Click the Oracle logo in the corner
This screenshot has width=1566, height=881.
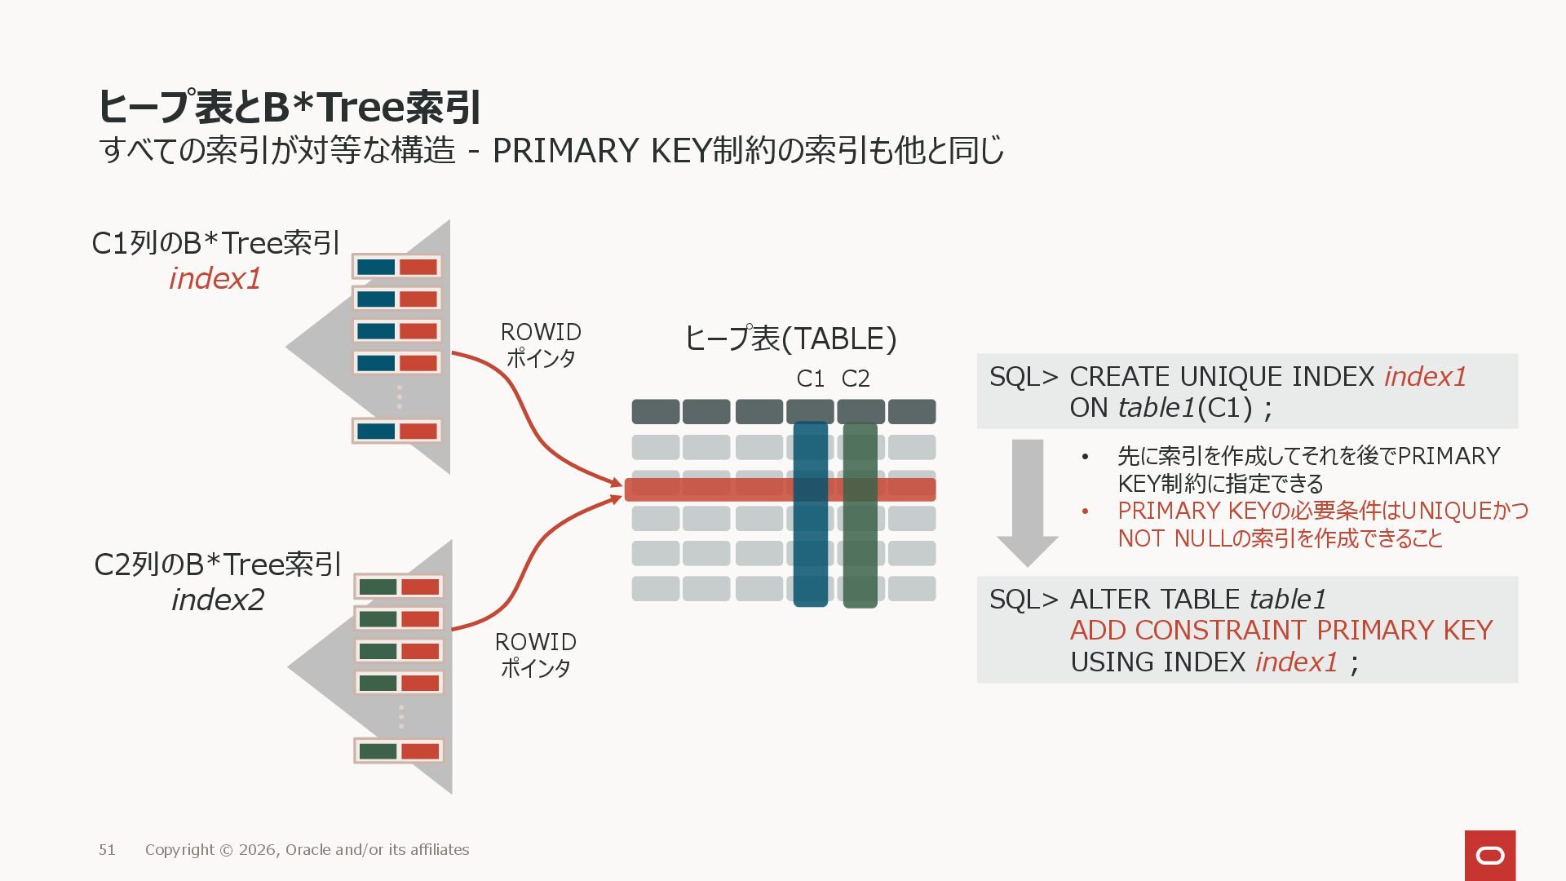click(x=1490, y=855)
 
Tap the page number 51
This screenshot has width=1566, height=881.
click(x=107, y=850)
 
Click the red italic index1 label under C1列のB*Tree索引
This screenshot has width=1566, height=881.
click(x=215, y=279)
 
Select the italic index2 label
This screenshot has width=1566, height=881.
click(x=218, y=600)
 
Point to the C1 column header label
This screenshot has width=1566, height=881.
click(x=810, y=379)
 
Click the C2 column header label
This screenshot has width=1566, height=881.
click(x=856, y=379)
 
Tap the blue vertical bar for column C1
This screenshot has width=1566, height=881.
click(x=811, y=555)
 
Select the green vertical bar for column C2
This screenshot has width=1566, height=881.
click(x=860, y=555)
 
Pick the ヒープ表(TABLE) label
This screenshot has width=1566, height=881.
click(x=790, y=339)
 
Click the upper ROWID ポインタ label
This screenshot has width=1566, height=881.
click(x=541, y=345)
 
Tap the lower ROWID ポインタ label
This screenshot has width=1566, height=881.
click(x=536, y=655)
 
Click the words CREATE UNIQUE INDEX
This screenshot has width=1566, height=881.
click(x=1222, y=377)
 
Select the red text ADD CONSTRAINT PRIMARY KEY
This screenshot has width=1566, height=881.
click(x=1281, y=631)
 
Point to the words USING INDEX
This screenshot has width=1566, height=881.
click(x=1157, y=662)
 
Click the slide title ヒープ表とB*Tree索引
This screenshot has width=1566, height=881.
click(x=290, y=107)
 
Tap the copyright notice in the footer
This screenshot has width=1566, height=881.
click(x=307, y=850)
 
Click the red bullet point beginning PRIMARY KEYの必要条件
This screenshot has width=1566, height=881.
click(x=1321, y=525)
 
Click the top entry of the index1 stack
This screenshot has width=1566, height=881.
click(x=397, y=267)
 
